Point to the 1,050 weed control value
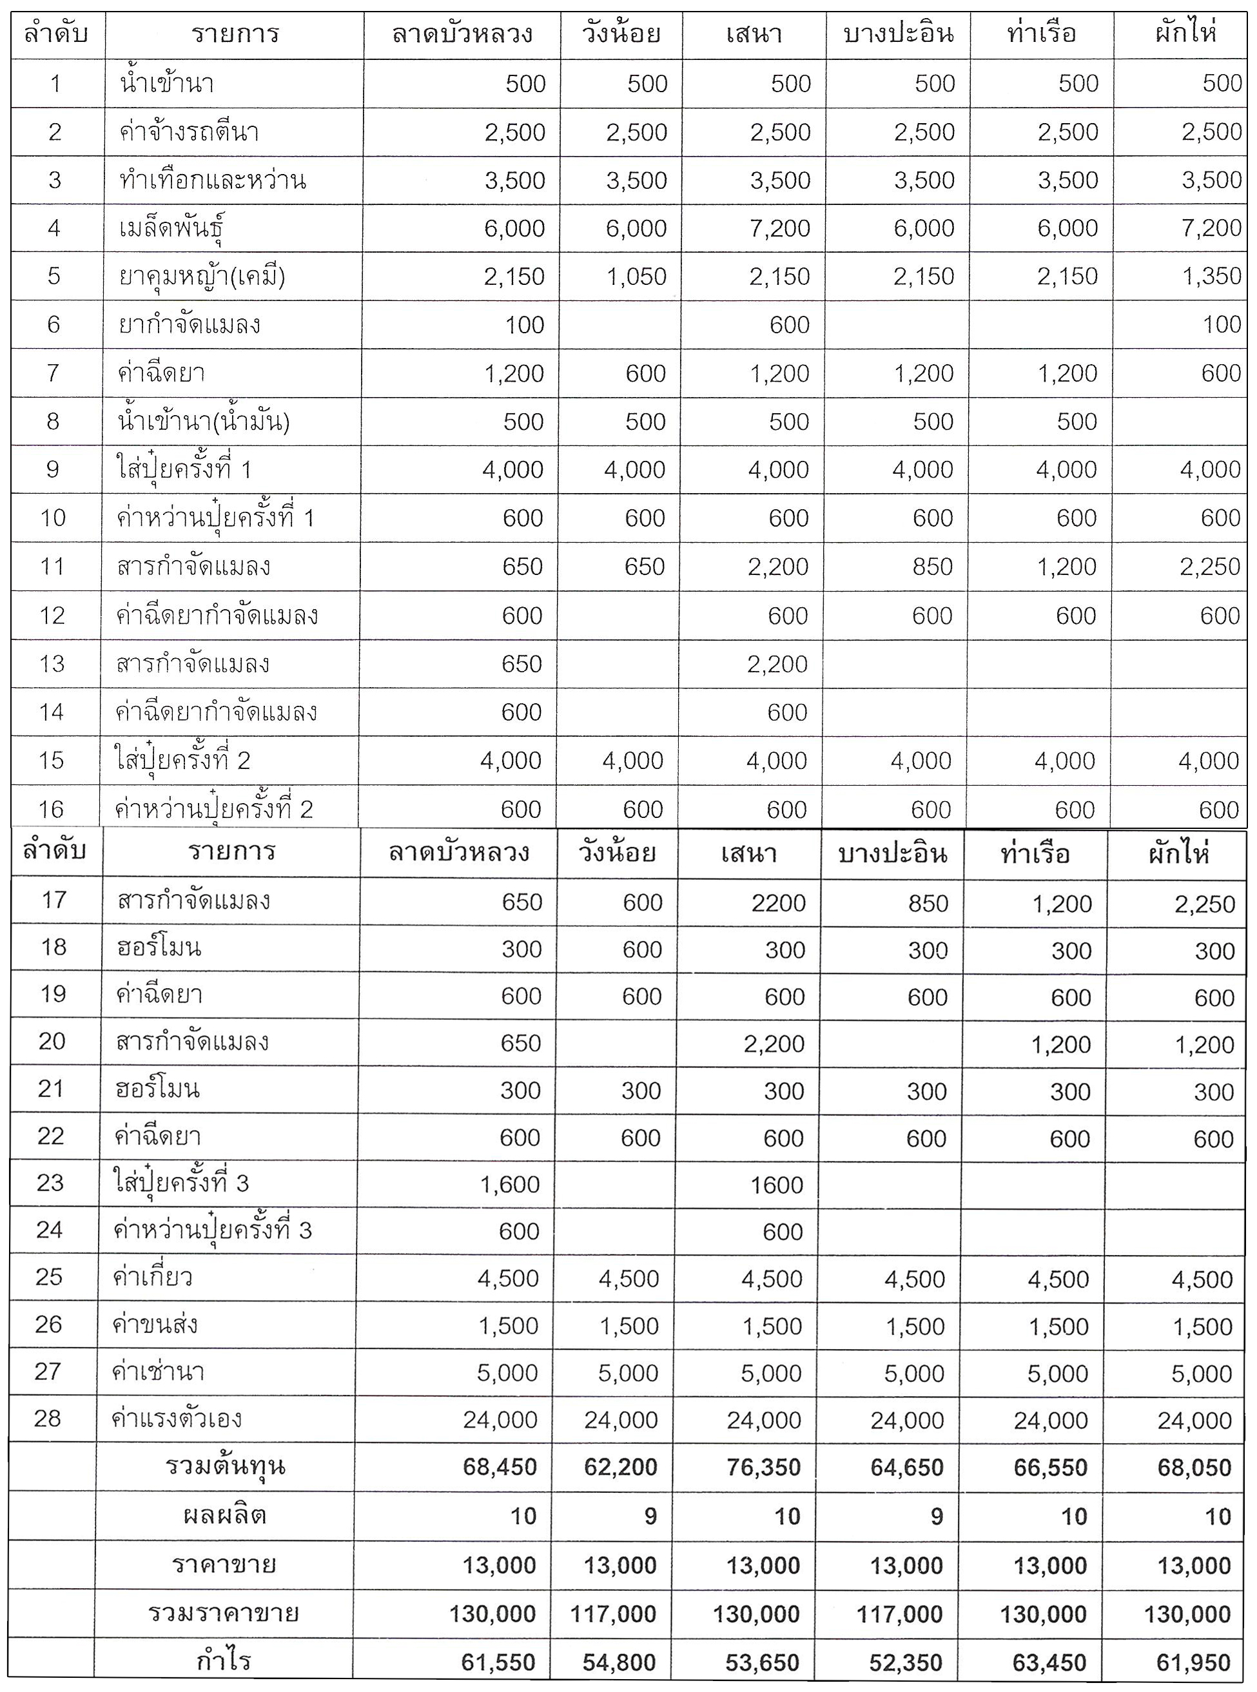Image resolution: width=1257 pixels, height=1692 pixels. coord(637,276)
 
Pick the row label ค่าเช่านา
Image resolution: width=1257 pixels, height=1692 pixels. coord(159,1372)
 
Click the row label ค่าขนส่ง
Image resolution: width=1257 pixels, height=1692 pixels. coord(155,1325)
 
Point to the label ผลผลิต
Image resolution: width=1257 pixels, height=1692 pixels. coord(225,1515)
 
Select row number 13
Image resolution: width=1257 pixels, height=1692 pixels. coord(52,663)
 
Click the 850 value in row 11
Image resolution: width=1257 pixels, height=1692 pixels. coord(932,567)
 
